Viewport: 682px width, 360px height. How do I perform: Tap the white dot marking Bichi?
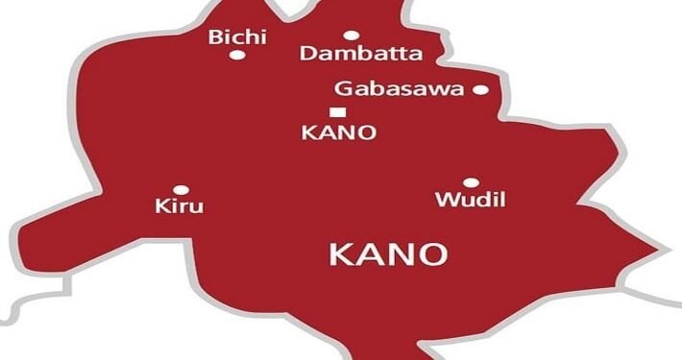point(237,56)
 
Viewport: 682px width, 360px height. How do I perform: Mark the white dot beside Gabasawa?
point(480,90)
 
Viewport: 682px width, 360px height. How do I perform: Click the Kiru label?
point(180,205)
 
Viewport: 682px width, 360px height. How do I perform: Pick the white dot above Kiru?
point(180,189)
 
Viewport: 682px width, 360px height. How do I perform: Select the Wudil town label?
point(470,200)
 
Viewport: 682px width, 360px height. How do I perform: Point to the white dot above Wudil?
point(471,182)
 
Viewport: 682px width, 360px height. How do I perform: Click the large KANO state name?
point(388,254)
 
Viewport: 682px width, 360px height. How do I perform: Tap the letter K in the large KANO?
point(340,254)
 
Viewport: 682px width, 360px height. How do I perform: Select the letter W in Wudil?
point(445,200)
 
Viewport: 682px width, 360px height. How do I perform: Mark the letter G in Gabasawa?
point(342,89)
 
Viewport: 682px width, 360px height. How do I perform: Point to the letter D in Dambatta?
point(307,54)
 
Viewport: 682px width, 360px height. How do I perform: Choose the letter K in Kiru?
point(161,205)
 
